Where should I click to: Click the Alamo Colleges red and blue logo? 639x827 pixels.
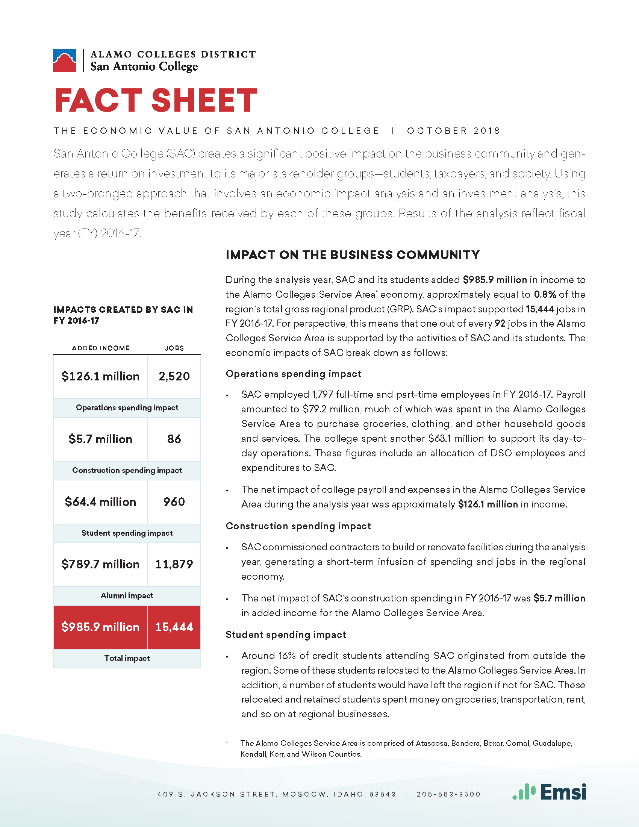pos(65,61)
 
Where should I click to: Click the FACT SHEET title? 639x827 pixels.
pos(156,100)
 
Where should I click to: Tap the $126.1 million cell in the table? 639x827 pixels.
pos(100,376)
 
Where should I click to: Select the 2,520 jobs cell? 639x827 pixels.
pos(174,376)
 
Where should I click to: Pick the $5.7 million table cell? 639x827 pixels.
pos(100,439)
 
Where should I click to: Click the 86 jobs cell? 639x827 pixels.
pos(174,439)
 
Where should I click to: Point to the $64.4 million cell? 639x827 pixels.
pos(100,502)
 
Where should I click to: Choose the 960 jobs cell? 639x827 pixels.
pos(174,502)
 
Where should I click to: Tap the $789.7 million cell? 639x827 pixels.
pos(100,565)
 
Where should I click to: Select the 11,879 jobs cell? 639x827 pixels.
pos(174,565)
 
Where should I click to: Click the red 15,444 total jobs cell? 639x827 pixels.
pos(174,627)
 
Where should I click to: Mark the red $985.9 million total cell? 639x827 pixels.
pos(100,627)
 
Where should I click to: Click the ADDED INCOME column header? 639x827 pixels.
pos(101,348)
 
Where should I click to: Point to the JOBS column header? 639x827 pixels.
pos(174,348)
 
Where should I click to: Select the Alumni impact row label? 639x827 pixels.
pos(127,596)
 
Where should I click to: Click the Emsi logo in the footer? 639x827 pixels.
pos(549,792)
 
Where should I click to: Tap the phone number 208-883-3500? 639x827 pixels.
pos(448,794)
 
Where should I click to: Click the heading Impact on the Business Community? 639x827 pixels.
pos(353,255)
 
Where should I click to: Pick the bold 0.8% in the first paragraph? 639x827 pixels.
pos(545,295)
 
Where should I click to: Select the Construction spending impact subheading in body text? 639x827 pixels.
pos(298,526)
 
